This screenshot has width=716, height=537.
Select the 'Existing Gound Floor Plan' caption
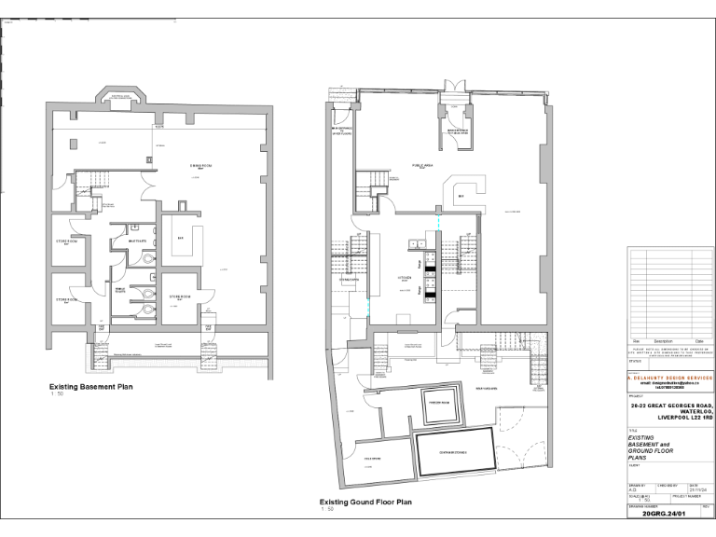point(365,502)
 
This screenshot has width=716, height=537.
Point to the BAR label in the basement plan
point(182,238)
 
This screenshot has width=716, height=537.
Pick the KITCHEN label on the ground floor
point(406,277)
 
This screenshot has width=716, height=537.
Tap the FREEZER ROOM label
point(438,401)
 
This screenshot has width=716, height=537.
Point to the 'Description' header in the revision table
point(663,341)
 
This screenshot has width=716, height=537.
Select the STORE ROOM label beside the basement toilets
point(180,296)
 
